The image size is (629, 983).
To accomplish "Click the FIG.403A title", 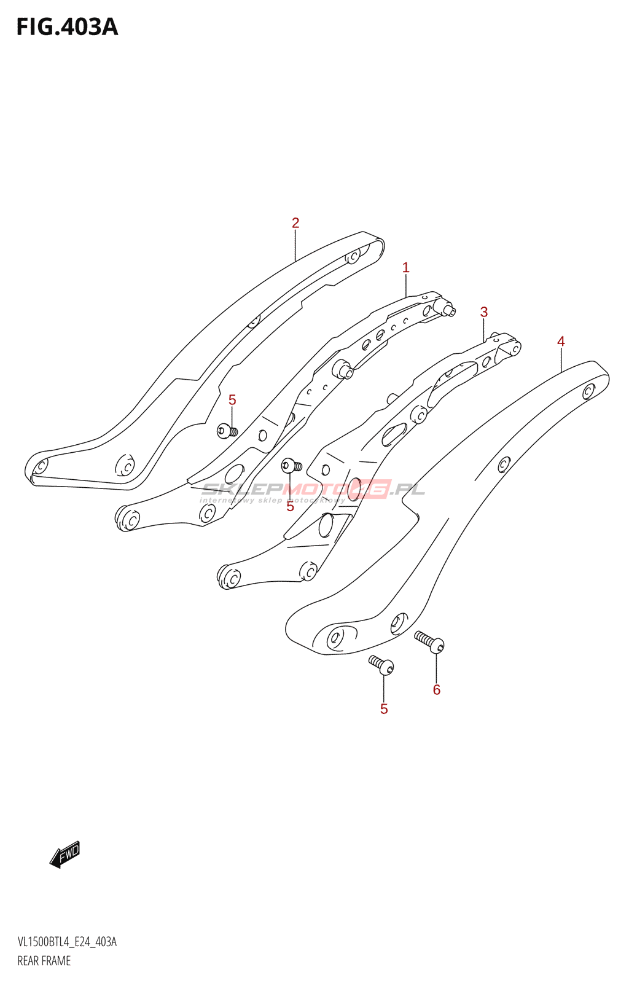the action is tap(66, 27).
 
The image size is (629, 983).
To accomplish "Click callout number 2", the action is tap(295, 223).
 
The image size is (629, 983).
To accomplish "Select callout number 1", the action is tap(405, 268).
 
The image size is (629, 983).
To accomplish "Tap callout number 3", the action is tap(484, 312).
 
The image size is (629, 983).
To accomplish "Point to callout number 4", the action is tap(561, 342).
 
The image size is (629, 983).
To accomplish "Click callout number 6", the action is tap(437, 690).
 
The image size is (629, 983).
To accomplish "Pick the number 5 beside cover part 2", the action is tap(232, 401).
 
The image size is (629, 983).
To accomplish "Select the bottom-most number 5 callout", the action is tap(384, 709).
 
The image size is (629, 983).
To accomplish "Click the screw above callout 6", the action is tap(430, 641).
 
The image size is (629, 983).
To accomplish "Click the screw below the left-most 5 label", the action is tap(227, 431).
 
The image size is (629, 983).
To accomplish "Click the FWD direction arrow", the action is tap(65, 854).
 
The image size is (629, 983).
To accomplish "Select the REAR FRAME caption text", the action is tap(44, 961).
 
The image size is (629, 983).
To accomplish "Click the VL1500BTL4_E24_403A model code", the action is tap(67, 942).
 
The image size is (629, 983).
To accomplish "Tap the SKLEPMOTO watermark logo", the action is tap(313, 490).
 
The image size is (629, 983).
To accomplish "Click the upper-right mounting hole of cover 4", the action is tap(588, 391).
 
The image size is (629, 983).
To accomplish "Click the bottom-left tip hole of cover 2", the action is tap(40, 466).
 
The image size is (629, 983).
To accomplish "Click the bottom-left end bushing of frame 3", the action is tap(230, 577).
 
